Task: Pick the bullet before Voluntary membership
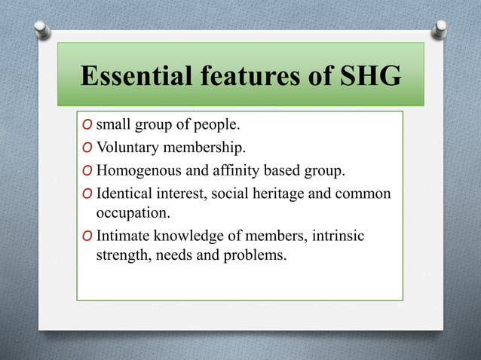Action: pos(87,146)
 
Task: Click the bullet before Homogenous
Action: pos(87,169)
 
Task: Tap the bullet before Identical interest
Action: pos(87,194)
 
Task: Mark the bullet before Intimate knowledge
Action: pos(87,236)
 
